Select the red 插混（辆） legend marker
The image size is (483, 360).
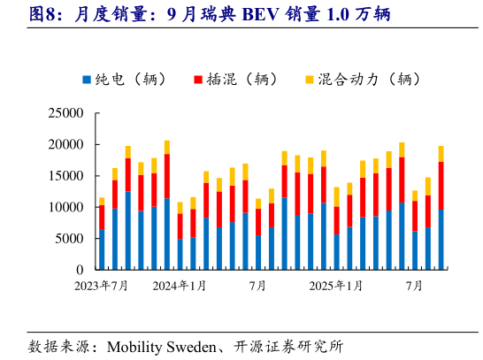199,80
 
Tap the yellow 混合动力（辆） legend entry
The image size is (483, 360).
309,80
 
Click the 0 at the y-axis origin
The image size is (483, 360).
80,270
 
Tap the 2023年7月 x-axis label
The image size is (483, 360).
102,286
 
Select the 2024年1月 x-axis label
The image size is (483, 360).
180,286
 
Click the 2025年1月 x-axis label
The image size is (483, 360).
335,286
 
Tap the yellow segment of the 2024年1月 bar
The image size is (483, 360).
180,208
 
